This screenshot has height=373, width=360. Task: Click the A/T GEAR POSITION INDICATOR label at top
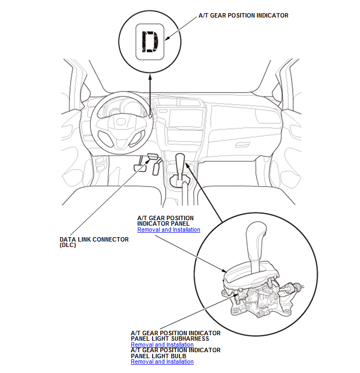[x=243, y=15]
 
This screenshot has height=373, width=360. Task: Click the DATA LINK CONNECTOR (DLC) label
[x=94, y=242]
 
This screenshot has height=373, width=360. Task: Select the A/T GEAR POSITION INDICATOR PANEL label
[x=165, y=221]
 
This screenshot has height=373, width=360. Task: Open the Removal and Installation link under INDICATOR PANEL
[x=169, y=230]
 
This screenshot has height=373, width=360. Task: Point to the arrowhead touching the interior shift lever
[x=186, y=164]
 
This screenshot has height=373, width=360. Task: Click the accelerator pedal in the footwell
[x=157, y=167]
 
